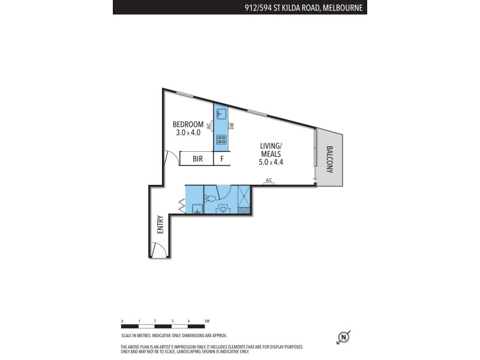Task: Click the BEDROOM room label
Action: coord(188,124)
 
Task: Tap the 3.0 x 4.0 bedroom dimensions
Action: coord(188,133)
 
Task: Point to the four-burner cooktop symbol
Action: coord(221,140)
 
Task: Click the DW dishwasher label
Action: coord(231,126)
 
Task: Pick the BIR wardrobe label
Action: coord(198,159)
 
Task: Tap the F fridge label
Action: coord(222,159)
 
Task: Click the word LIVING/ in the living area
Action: coord(271,146)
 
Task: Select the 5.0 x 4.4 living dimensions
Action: coord(271,162)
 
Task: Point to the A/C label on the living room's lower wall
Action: coord(269,181)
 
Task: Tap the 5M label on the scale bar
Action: coord(206,322)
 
